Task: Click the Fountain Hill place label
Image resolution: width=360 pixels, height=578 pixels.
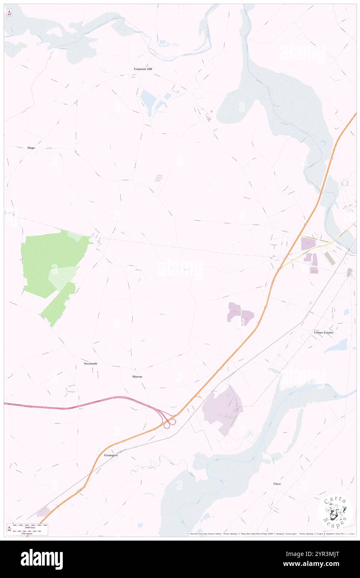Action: point(143,69)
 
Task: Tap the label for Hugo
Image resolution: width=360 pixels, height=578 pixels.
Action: point(31,148)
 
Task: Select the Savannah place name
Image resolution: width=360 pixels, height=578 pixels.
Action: point(90,363)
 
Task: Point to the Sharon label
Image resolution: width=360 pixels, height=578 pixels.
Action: point(137,376)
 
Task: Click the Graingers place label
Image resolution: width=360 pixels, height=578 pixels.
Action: point(111,455)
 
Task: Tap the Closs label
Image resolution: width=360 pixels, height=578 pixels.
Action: point(277,484)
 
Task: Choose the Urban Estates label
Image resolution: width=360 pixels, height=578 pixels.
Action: point(323,333)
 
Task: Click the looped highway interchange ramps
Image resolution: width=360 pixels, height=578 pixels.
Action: point(169,422)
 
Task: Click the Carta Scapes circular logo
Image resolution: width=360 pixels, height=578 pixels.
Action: point(335,512)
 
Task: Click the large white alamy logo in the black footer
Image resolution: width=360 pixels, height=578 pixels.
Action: point(42,559)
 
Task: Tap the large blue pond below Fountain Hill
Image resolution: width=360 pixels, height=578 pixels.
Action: point(148,99)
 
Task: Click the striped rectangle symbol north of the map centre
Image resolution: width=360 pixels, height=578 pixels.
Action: point(158,178)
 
